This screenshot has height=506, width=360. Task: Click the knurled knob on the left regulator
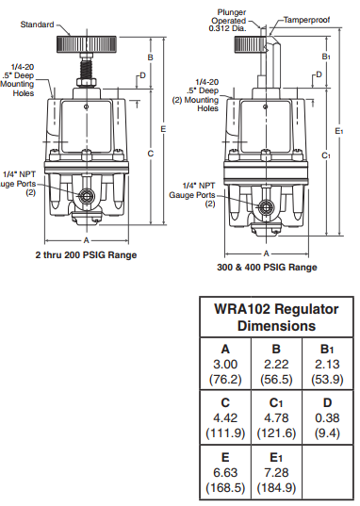point(87,44)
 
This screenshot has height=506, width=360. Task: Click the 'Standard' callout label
point(37,24)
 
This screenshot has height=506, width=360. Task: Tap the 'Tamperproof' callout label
point(306,20)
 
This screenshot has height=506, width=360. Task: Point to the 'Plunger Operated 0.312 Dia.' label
point(230,21)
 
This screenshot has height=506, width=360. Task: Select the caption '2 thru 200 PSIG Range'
point(86,255)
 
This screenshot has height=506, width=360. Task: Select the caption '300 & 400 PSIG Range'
point(267,268)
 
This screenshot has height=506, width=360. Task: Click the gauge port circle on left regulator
point(86,196)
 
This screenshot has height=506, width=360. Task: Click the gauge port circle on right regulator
point(266,208)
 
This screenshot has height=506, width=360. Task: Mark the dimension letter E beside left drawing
point(163,129)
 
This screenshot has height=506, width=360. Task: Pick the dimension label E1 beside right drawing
point(339,131)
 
